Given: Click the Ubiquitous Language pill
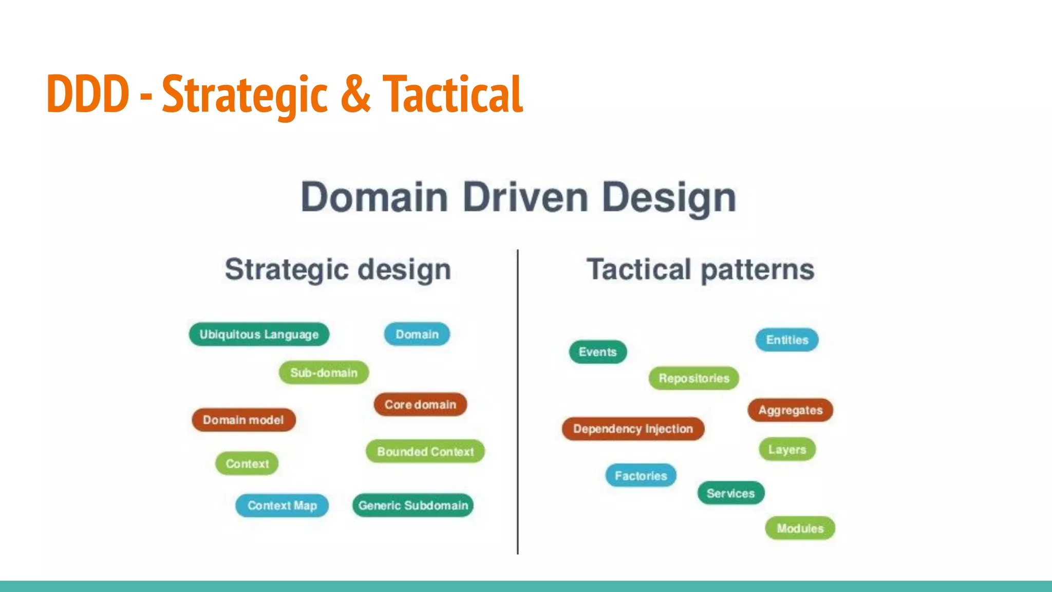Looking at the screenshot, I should click(x=259, y=335).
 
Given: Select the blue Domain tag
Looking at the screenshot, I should click(x=417, y=335).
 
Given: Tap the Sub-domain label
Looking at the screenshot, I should click(x=324, y=373).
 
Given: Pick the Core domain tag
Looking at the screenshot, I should click(x=420, y=405).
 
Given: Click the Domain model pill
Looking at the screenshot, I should click(x=243, y=420).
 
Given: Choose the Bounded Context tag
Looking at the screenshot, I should click(x=425, y=452).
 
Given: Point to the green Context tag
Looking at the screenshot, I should click(x=247, y=464).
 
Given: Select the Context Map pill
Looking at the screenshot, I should click(x=282, y=506).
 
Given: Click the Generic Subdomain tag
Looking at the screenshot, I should click(x=413, y=506).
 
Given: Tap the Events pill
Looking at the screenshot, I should click(x=597, y=352).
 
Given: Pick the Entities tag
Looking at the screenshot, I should click(x=787, y=340).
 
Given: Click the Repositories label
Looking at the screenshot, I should click(x=694, y=379).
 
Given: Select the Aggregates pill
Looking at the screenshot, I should click(x=790, y=411).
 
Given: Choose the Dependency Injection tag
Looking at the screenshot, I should click(x=633, y=429).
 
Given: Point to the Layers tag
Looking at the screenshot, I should click(x=787, y=450).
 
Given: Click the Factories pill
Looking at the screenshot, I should click(x=641, y=476).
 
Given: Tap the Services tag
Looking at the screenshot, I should click(x=730, y=493).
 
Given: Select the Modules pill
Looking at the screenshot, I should click(x=800, y=528).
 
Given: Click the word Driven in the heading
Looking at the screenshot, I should click(x=525, y=198).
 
